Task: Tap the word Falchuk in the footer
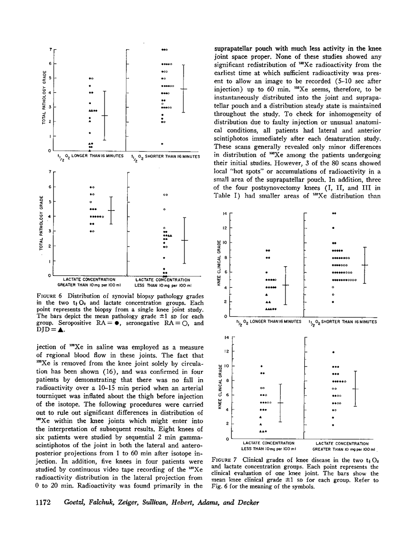tap(97, 503)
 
